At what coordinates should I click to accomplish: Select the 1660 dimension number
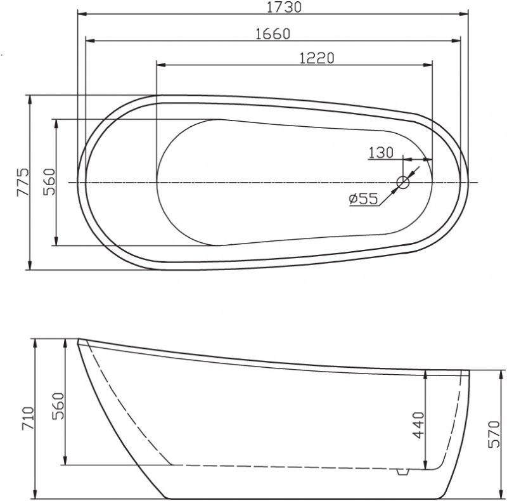pyautogui.click(x=273, y=34)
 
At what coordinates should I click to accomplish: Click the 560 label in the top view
pyautogui.click(x=49, y=182)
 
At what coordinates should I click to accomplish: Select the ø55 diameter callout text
pyautogui.click(x=363, y=199)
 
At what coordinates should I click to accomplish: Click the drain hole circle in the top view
pyautogui.click(x=404, y=183)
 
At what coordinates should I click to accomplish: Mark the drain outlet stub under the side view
pyautogui.click(x=401, y=472)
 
